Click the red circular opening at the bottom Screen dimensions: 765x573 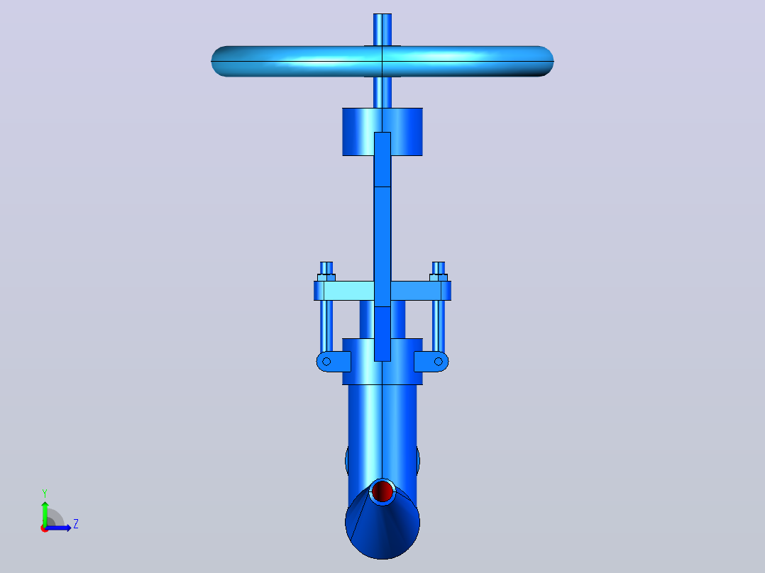382,491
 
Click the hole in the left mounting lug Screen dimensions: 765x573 326,362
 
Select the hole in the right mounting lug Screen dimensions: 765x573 438,362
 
